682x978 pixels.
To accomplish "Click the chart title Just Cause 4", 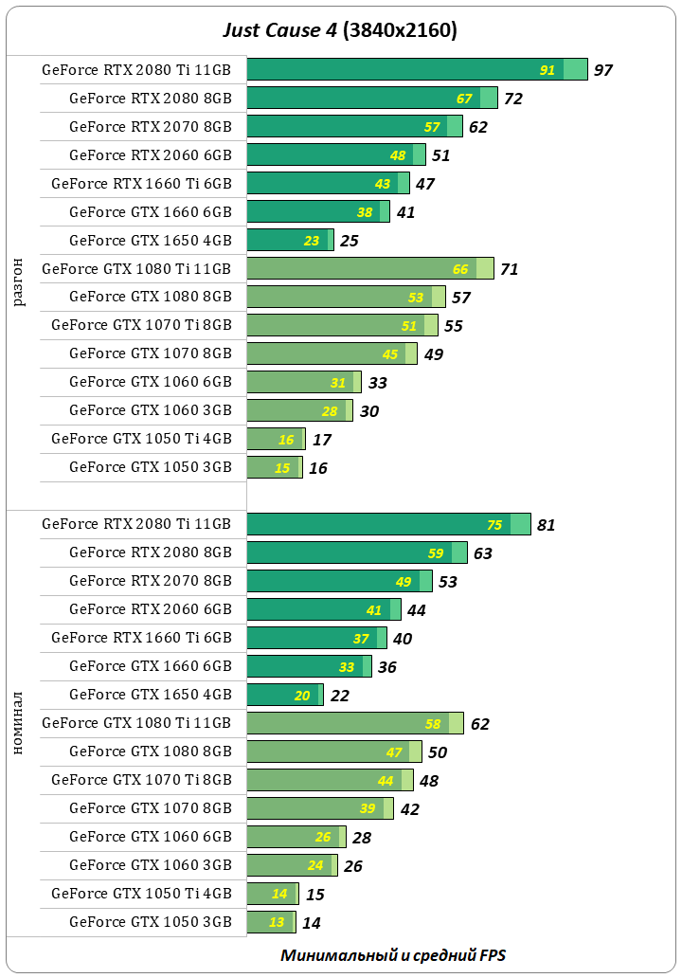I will [340, 30].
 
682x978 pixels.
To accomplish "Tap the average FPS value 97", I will [603, 70].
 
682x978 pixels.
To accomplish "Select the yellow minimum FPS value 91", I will [547, 70].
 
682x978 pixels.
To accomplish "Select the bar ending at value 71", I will [369, 268].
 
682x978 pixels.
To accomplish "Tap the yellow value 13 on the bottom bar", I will [277, 922].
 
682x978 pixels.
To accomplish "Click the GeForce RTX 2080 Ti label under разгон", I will [136, 69].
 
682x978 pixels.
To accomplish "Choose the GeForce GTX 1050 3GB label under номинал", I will [150, 921].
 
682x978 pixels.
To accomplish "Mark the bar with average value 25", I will [290, 240].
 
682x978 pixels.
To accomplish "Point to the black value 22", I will [340, 696].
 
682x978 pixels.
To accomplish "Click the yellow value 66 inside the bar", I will [460, 269].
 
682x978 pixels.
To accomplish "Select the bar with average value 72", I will [371, 98].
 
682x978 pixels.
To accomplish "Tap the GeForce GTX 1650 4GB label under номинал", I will [150, 694].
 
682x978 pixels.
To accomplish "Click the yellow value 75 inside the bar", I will [494, 525].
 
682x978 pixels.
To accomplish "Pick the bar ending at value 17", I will [276, 439].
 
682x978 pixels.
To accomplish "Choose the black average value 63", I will [483, 553].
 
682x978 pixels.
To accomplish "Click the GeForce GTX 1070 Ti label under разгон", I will [141, 324].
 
